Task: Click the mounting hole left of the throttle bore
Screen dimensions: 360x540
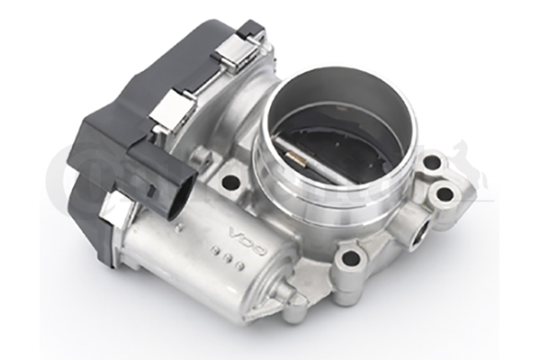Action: tap(230, 182)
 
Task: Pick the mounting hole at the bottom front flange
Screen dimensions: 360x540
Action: tap(348, 261)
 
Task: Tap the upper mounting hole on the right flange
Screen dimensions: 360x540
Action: tap(432, 163)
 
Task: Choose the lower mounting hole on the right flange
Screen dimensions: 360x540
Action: tap(443, 193)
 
